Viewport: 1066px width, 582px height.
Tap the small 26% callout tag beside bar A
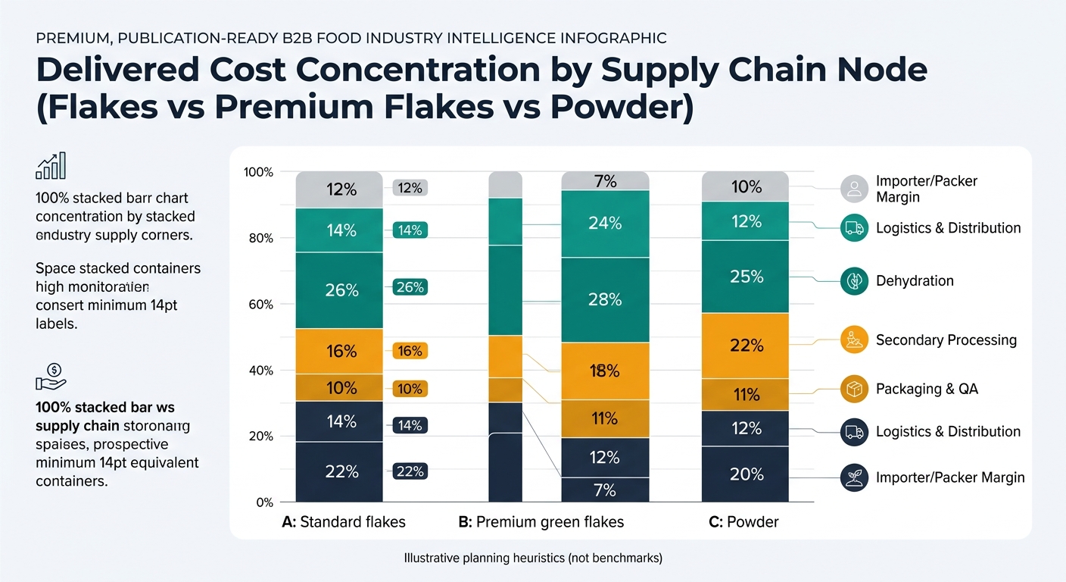coord(410,287)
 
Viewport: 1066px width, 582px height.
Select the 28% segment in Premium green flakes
coord(605,299)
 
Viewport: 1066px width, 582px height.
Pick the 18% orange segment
coord(605,371)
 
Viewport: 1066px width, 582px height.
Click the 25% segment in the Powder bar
coord(746,277)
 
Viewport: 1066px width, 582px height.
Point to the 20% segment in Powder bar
coord(746,474)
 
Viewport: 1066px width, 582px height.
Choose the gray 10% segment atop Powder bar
coord(746,186)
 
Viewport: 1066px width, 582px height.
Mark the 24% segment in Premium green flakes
coord(605,224)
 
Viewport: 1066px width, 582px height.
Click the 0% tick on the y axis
coord(263,502)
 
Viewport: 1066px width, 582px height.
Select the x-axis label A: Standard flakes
coord(343,522)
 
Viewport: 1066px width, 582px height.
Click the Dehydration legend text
coord(915,281)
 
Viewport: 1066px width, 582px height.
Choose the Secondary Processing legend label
coord(946,340)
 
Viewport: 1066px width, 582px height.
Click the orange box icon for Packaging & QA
coord(854,390)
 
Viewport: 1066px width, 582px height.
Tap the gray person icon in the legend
coord(854,189)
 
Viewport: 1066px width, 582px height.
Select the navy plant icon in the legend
coord(854,478)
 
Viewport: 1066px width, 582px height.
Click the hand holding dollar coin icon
coord(51,375)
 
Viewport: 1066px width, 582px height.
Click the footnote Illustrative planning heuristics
coord(533,559)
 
